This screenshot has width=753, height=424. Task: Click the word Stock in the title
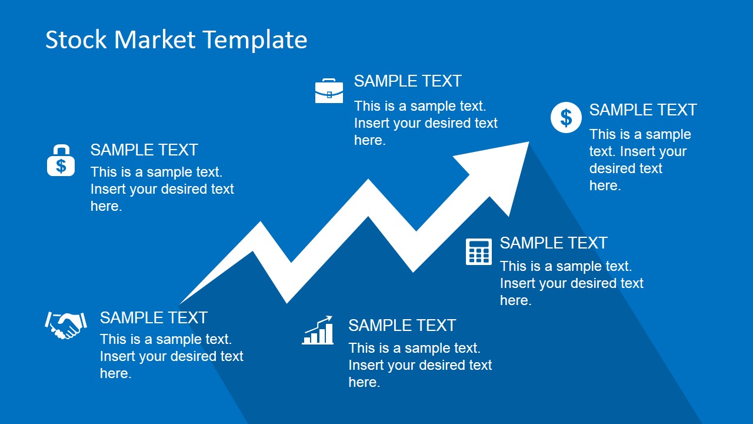76,39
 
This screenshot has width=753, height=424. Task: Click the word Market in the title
155,39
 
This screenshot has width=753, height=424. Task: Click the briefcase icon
329,91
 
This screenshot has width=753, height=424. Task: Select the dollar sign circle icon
566,117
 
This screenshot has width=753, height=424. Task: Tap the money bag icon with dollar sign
61,160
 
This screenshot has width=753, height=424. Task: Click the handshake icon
66,325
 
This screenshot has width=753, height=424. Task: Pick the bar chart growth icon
318,330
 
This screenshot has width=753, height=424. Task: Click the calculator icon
479,251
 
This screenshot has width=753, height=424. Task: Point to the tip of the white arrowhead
529,142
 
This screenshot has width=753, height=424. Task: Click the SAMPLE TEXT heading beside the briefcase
408,81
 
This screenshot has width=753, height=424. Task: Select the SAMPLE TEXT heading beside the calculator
554,243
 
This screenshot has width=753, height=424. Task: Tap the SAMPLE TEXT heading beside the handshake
154,317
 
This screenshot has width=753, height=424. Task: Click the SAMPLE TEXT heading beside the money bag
144,150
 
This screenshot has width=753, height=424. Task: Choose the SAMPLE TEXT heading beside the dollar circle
643,110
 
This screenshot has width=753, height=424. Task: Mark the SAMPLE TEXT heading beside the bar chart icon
402,326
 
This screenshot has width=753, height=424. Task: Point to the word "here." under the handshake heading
116,373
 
